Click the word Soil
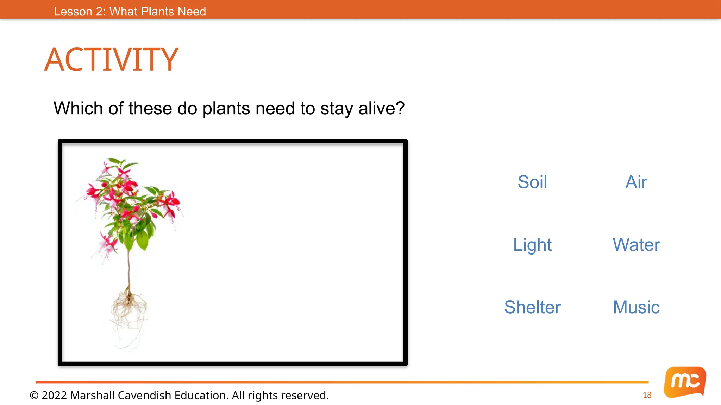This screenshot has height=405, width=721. pyautogui.click(x=532, y=182)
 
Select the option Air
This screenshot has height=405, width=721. pyautogui.click(x=636, y=182)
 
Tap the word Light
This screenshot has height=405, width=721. pyautogui.click(x=532, y=245)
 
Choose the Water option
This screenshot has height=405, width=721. pyautogui.click(x=636, y=245)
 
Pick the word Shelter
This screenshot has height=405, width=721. pyautogui.click(x=532, y=307)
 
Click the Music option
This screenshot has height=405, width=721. pyautogui.click(x=636, y=307)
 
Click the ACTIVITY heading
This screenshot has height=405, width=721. pyautogui.click(x=111, y=60)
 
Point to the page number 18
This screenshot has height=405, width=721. pyautogui.click(x=647, y=395)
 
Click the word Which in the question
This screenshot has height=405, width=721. pyautogui.click(x=78, y=108)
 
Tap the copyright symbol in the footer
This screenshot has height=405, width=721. pyautogui.click(x=34, y=396)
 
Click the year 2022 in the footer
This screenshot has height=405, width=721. pyautogui.click(x=54, y=396)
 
